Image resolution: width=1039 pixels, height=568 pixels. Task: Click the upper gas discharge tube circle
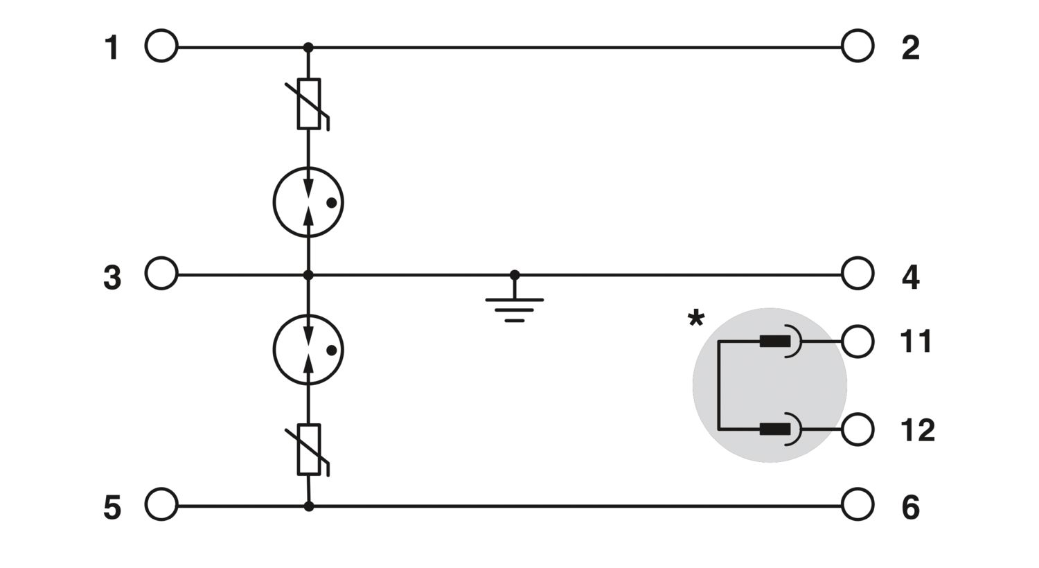274,203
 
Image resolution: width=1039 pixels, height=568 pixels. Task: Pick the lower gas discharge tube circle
274,350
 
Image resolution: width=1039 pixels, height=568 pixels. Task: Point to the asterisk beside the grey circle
695,319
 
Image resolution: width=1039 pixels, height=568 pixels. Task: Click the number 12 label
917,430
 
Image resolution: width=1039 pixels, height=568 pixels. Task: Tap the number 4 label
911,277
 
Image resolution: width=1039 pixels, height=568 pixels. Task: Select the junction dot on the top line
308,47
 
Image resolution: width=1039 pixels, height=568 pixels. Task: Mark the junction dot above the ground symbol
515,275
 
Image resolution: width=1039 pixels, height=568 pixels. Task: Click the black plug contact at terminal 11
774,341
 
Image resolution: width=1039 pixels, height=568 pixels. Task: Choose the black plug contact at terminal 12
774,429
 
